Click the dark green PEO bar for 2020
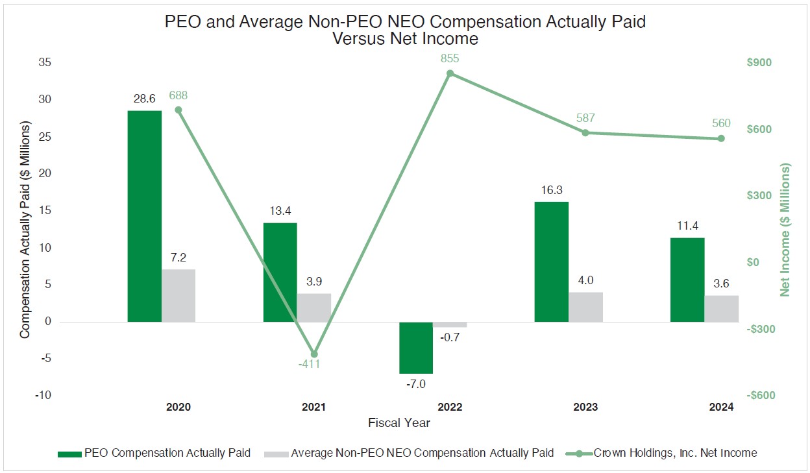(x=144, y=216)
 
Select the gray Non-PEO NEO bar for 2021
(x=314, y=308)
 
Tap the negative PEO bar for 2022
(x=415, y=347)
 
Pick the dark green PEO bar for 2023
(x=551, y=261)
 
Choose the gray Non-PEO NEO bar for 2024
(x=721, y=308)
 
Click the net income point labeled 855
(x=450, y=73)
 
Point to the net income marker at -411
(x=314, y=354)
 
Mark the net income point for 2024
(x=721, y=138)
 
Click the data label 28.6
(x=144, y=98)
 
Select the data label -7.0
(x=415, y=384)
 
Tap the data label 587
(x=585, y=118)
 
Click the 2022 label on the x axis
(x=450, y=407)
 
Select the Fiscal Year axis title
(x=399, y=423)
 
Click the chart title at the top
(x=405, y=30)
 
